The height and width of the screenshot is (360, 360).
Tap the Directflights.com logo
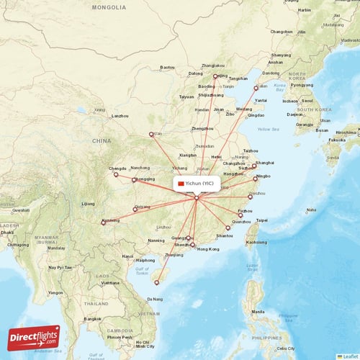pos(33,337)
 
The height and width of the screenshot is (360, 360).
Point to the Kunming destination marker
pos(104,222)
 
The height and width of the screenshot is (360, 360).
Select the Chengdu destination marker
pos(115,174)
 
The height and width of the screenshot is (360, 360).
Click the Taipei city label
pos(262,220)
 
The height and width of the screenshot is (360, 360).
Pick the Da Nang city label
pos(154,299)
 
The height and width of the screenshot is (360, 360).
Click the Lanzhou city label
pos(120,115)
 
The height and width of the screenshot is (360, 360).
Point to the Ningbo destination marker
pos(256,177)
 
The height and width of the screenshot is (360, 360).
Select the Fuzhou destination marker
pos(240,215)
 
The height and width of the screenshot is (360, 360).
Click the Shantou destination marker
pos(228,228)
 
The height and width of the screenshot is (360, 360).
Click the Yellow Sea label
pos(268,130)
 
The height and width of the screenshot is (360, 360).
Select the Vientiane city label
pos(111,283)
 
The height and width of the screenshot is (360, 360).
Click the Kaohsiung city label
pos(256,242)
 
